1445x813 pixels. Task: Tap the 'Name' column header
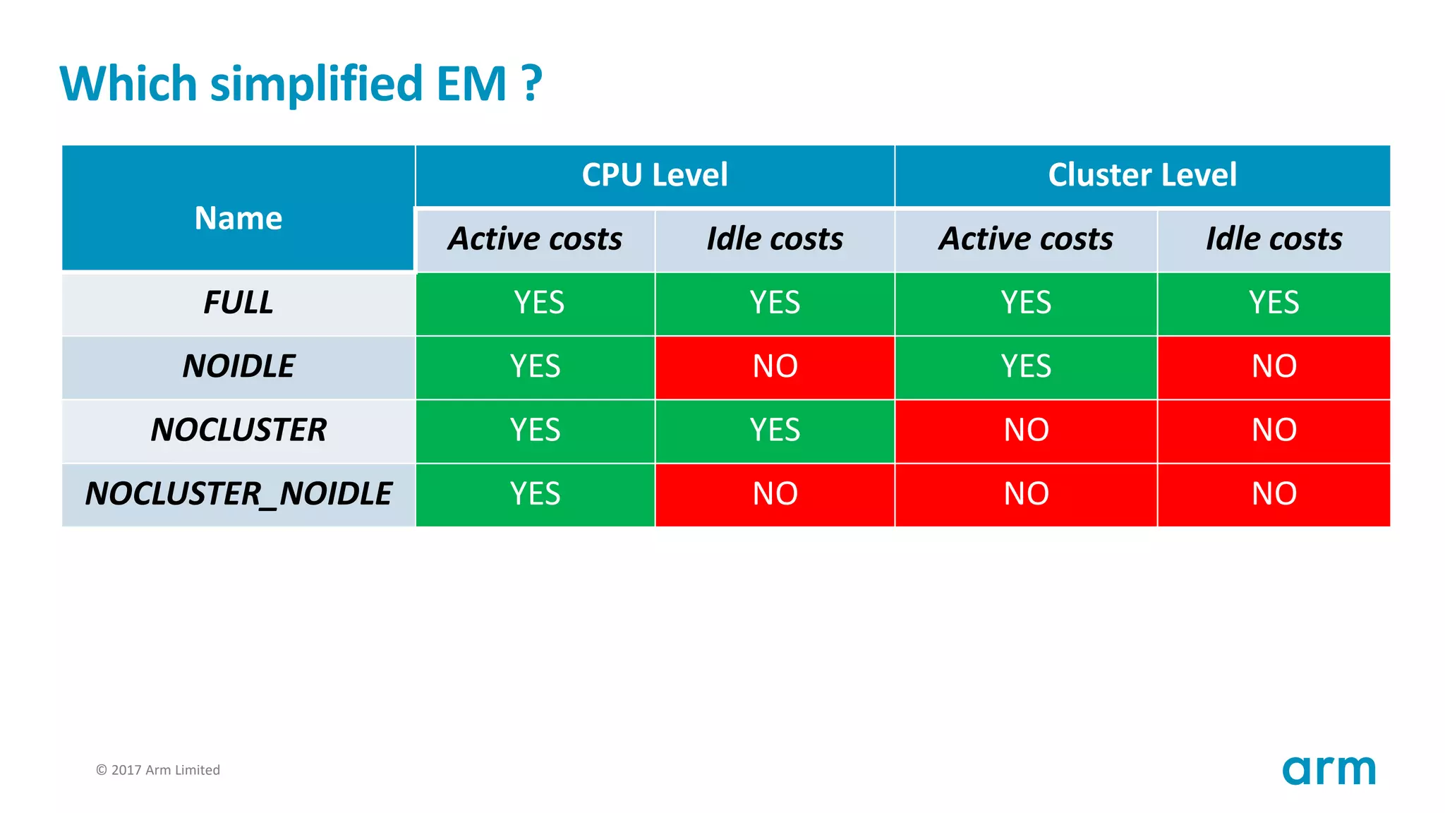pyautogui.click(x=238, y=218)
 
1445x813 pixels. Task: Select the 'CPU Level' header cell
pyautogui.click(x=655, y=175)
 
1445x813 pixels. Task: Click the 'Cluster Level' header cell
pyautogui.click(x=1142, y=175)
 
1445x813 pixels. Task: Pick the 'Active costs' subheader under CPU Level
pyautogui.click(x=536, y=239)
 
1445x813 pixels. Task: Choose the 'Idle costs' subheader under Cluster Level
pyautogui.click(x=1274, y=239)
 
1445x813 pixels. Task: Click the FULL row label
pyautogui.click(x=238, y=303)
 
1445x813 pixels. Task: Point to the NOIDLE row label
pyautogui.click(x=238, y=366)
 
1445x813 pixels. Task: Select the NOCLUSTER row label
pyautogui.click(x=238, y=430)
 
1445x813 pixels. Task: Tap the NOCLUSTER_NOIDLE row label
pyautogui.click(x=238, y=493)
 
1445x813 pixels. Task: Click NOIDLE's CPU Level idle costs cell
pyautogui.click(x=775, y=366)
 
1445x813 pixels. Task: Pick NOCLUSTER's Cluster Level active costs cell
pyautogui.click(x=1026, y=430)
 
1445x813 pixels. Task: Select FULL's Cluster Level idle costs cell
pyautogui.click(x=1274, y=303)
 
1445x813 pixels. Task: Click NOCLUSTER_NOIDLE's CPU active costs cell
pyautogui.click(x=536, y=493)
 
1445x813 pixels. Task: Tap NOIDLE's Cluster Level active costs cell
pyautogui.click(x=1026, y=366)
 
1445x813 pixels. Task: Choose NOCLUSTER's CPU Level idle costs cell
pyautogui.click(x=775, y=430)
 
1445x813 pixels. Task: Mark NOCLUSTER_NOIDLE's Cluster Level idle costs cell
pyautogui.click(x=1274, y=493)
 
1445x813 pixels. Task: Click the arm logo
pyautogui.click(x=1329, y=770)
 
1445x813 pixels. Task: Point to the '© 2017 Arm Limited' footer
pyautogui.click(x=158, y=770)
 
